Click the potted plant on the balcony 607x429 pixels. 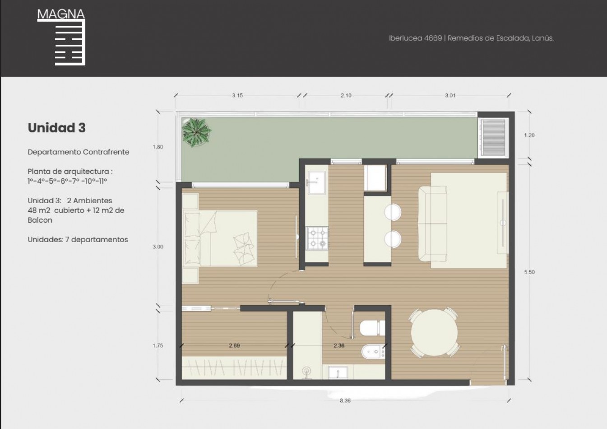pyautogui.click(x=196, y=132)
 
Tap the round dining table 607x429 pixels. pyautogui.click(x=434, y=333)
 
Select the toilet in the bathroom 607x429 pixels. pyautogui.click(x=372, y=328)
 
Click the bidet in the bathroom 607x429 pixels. pyautogui.click(x=373, y=352)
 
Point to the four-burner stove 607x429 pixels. pyautogui.click(x=317, y=238)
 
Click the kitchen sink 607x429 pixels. pyautogui.click(x=317, y=182)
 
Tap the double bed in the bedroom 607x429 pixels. pyautogui.click(x=220, y=238)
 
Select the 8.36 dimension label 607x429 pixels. pyautogui.click(x=345, y=401)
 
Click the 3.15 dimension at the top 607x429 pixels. pyautogui.click(x=237, y=95)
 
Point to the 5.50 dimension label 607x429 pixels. pyautogui.click(x=529, y=272)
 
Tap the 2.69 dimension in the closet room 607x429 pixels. pyautogui.click(x=234, y=345)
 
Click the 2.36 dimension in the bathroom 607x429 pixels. pyautogui.click(x=339, y=345)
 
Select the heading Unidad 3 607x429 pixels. pyautogui.click(x=56, y=128)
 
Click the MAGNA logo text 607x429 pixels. pyautogui.click(x=61, y=14)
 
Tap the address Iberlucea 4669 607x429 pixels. pyautogui.click(x=415, y=38)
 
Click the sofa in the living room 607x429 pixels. pyautogui.click(x=433, y=224)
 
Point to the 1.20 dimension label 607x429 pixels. pyautogui.click(x=529, y=135)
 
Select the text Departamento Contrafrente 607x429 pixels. pyautogui.click(x=79, y=152)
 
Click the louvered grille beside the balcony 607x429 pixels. pyautogui.click(x=493, y=137)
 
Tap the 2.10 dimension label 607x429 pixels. pyautogui.click(x=346, y=95)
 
